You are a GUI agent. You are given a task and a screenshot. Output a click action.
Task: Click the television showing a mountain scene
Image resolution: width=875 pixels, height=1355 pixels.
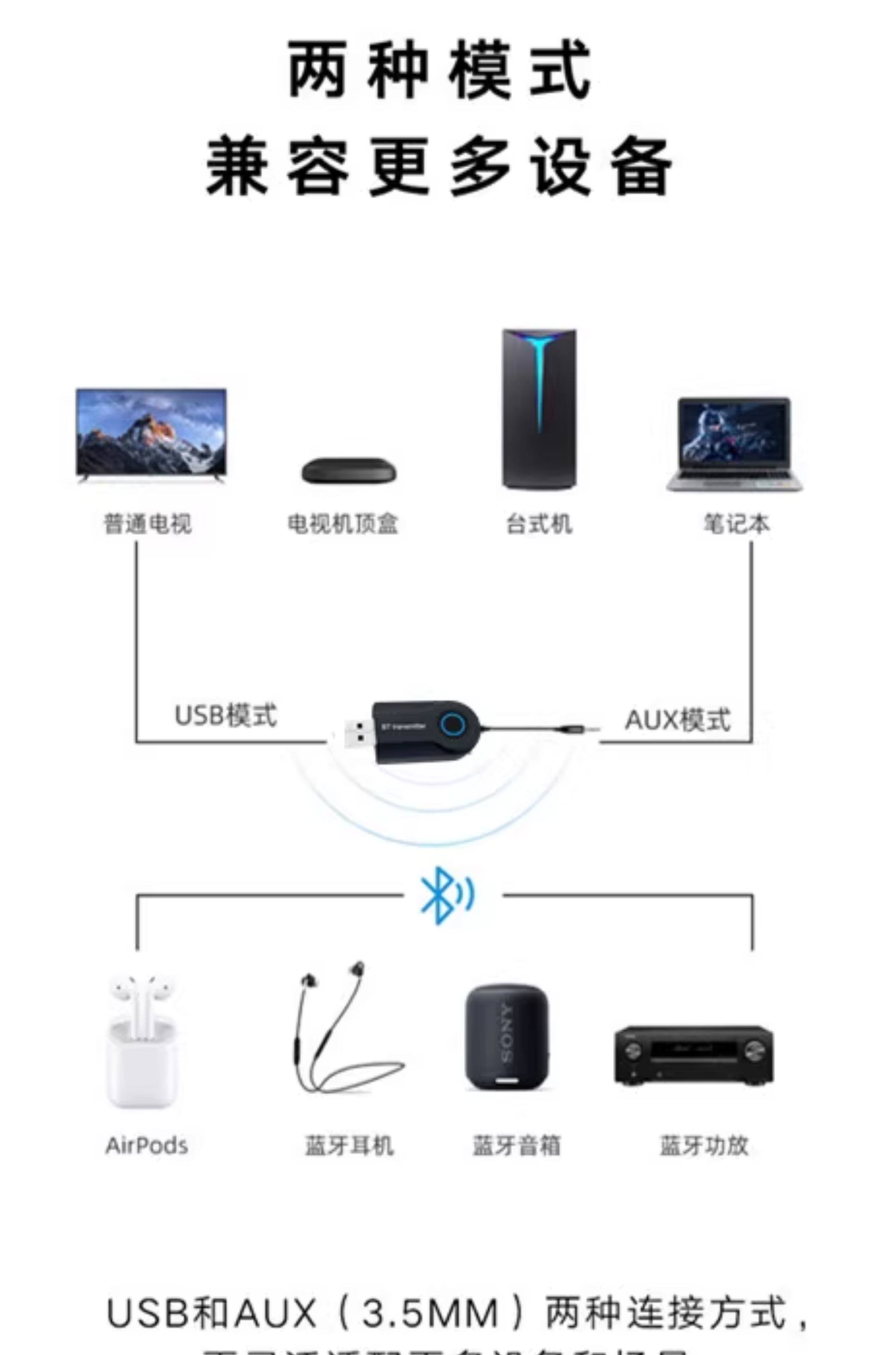pos(151,433)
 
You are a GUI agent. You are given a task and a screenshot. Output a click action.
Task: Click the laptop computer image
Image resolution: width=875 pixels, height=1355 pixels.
pos(735,444)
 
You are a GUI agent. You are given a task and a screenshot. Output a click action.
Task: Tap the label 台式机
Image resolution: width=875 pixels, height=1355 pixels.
pos(539,524)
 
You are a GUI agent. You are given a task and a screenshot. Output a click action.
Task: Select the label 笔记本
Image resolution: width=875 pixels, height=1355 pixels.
pos(736,524)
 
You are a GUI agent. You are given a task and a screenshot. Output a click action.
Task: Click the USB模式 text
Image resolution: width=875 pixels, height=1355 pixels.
pos(225,715)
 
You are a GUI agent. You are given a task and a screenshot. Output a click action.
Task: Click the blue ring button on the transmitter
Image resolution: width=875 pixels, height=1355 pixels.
pos(453,724)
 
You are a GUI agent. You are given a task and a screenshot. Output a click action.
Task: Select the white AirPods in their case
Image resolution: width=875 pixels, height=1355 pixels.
pos(142,1041)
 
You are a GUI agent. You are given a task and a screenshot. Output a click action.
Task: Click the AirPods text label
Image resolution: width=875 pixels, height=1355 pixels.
pos(146,1145)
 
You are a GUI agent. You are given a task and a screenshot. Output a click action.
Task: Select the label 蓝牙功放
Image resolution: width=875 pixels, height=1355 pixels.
pos(704,1145)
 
